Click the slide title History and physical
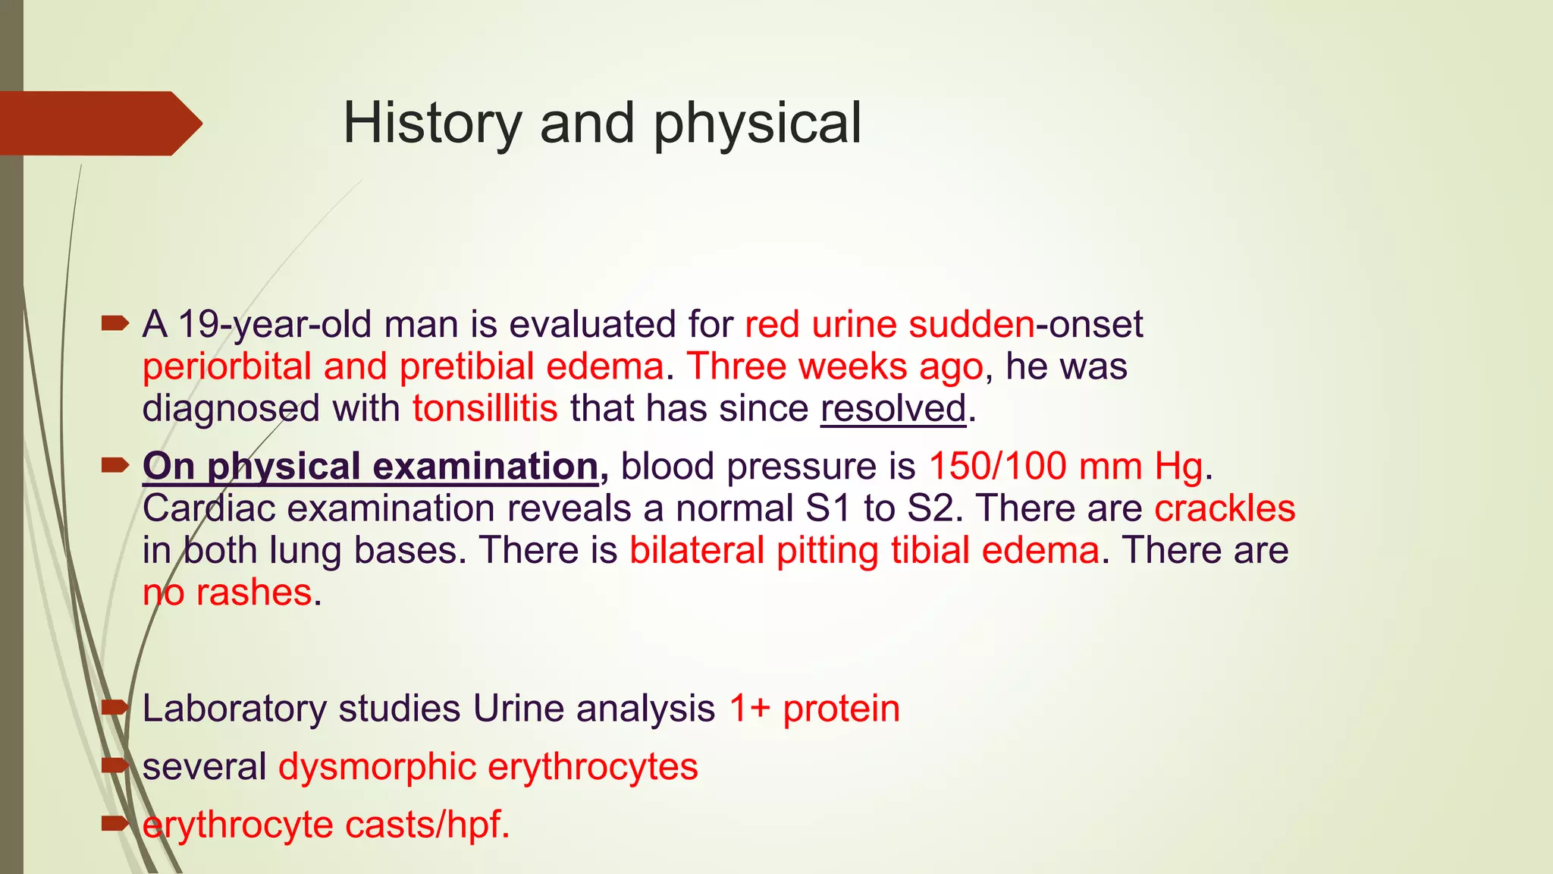(x=602, y=123)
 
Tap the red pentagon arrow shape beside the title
(x=99, y=124)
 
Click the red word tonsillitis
(x=485, y=408)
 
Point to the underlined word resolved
(x=893, y=408)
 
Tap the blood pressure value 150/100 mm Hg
(x=1065, y=466)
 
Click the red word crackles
(x=1224, y=508)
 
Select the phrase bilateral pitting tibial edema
(x=864, y=550)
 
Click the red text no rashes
(x=227, y=593)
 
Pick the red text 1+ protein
(x=814, y=709)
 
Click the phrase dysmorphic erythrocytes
(x=488, y=766)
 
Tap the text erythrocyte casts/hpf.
(x=326, y=825)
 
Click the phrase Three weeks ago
(x=834, y=366)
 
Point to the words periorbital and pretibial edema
(x=403, y=366)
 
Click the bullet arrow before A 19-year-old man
(x=115, y=325)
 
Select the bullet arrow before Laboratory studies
(x=115, y=708)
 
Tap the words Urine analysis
(x=594, y=709)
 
